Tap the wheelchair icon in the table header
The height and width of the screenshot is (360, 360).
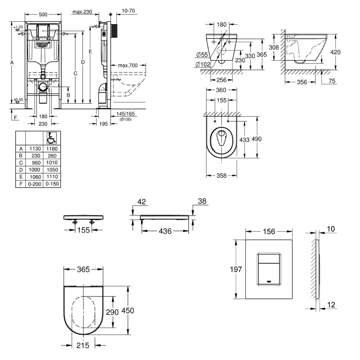pos(51,138)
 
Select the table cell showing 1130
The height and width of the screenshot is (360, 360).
pos(34,149)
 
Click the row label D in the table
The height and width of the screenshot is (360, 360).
pos(21,170)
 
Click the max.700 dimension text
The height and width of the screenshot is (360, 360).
pos(128,65)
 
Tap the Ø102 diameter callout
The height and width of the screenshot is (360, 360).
pos(203,64)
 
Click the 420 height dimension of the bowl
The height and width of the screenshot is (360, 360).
pos(335,52)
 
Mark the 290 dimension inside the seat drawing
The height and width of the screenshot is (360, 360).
pos(112,312)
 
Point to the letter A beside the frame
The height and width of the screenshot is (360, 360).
pos(12,63)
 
